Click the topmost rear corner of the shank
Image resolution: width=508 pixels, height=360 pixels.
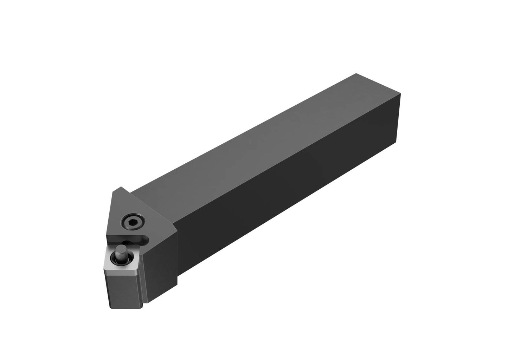click(356, 73)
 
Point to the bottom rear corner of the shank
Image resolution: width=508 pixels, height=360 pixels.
click(398, 160)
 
